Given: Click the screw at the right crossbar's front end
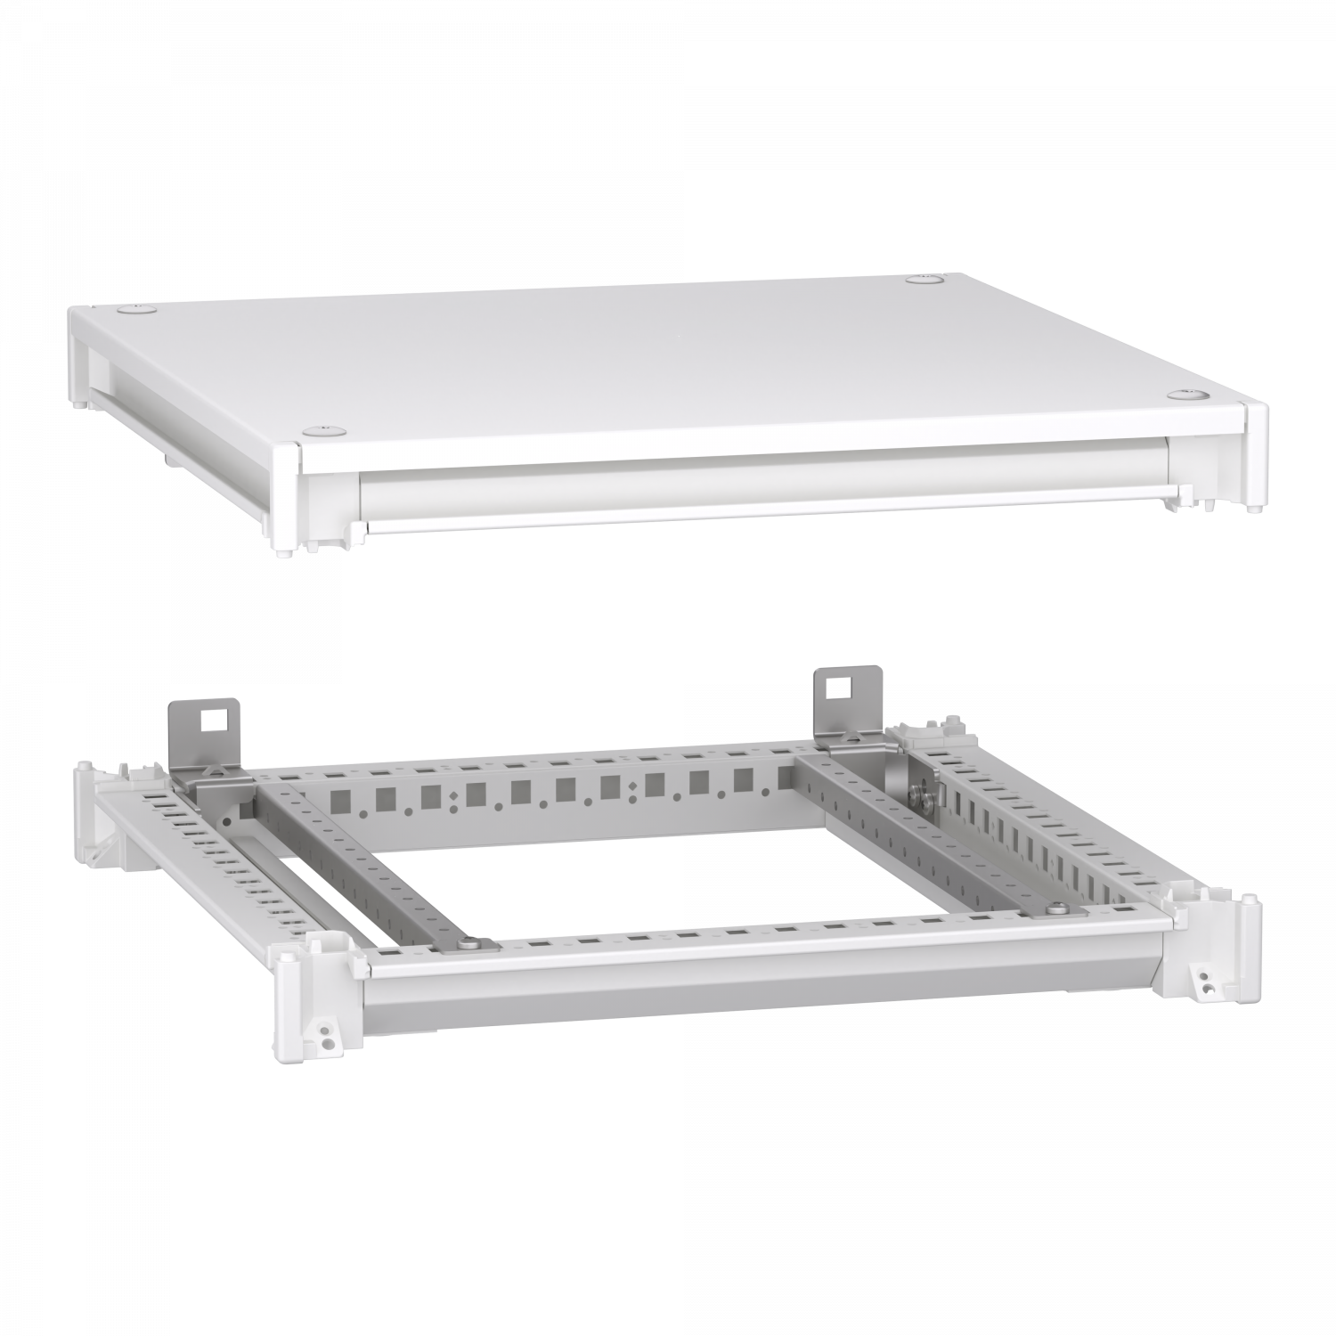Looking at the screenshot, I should [1056, 908].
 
